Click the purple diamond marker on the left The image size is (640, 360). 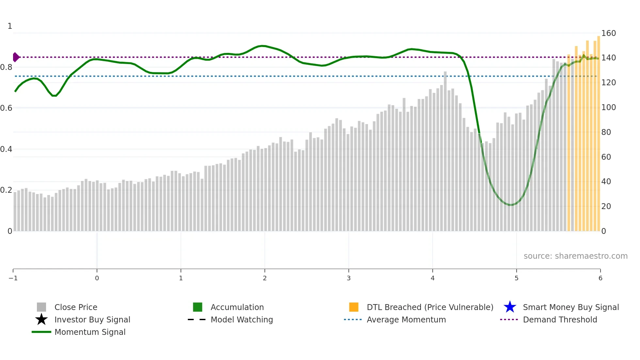(x=16, y=57)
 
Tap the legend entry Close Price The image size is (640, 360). (x=75, y=307)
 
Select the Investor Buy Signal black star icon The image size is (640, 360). (x=41, y=319)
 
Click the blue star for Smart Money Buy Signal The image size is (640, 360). (x=510, y=307)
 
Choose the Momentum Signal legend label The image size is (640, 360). (x=90, y=332)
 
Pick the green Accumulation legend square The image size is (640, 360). (x=198, y=307)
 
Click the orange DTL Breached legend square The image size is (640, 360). (x=354, y=307)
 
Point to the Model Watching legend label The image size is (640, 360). (x=242, y=319)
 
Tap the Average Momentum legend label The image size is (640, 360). (x=406, y=319)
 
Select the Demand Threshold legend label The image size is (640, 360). (x=560, y=319)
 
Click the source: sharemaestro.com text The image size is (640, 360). (x=575, y=256)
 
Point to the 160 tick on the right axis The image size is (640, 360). (x=608, y=33)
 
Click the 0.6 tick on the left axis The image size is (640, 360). (x=6, y=108)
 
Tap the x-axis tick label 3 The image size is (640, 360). (x=349, y=278)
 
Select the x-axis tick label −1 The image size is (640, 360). (x=13, y=278)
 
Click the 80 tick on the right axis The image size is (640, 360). (x=606, y=132)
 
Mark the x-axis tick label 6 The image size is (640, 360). (x=600, y=278)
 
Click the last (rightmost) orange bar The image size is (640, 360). (x=599, y=134)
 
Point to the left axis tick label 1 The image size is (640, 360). (x=10, y=26)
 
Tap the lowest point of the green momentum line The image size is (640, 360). (x=510, y=205)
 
